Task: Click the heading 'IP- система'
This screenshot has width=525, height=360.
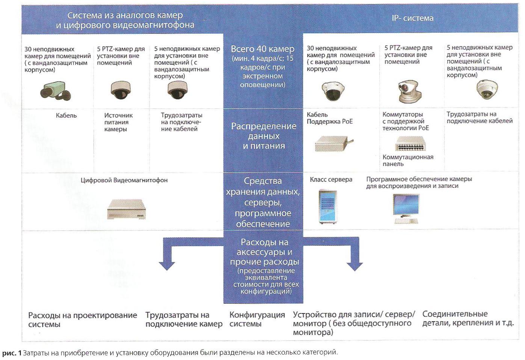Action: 412,18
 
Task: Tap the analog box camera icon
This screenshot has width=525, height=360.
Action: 56,91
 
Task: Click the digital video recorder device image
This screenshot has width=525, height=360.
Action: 127,209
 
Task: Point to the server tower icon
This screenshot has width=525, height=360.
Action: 328,206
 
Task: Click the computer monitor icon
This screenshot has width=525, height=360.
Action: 406,209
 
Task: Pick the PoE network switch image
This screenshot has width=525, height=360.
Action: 410,143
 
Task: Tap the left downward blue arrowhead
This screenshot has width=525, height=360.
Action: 167,266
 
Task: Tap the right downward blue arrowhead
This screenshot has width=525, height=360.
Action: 355,266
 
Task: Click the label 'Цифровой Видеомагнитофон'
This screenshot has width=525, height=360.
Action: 124,180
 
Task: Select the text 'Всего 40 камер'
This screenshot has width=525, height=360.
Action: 262,49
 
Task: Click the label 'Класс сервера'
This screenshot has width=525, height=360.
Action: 331,179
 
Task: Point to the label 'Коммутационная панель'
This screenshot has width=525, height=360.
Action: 408,160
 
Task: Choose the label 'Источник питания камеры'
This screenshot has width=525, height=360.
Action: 118,122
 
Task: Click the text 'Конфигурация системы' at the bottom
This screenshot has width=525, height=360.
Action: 257,319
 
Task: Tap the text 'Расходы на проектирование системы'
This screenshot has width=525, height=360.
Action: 83,319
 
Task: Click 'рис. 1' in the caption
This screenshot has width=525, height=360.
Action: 12,353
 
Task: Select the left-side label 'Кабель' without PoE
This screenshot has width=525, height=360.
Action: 66,116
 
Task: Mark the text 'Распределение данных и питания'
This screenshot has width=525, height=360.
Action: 264,136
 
